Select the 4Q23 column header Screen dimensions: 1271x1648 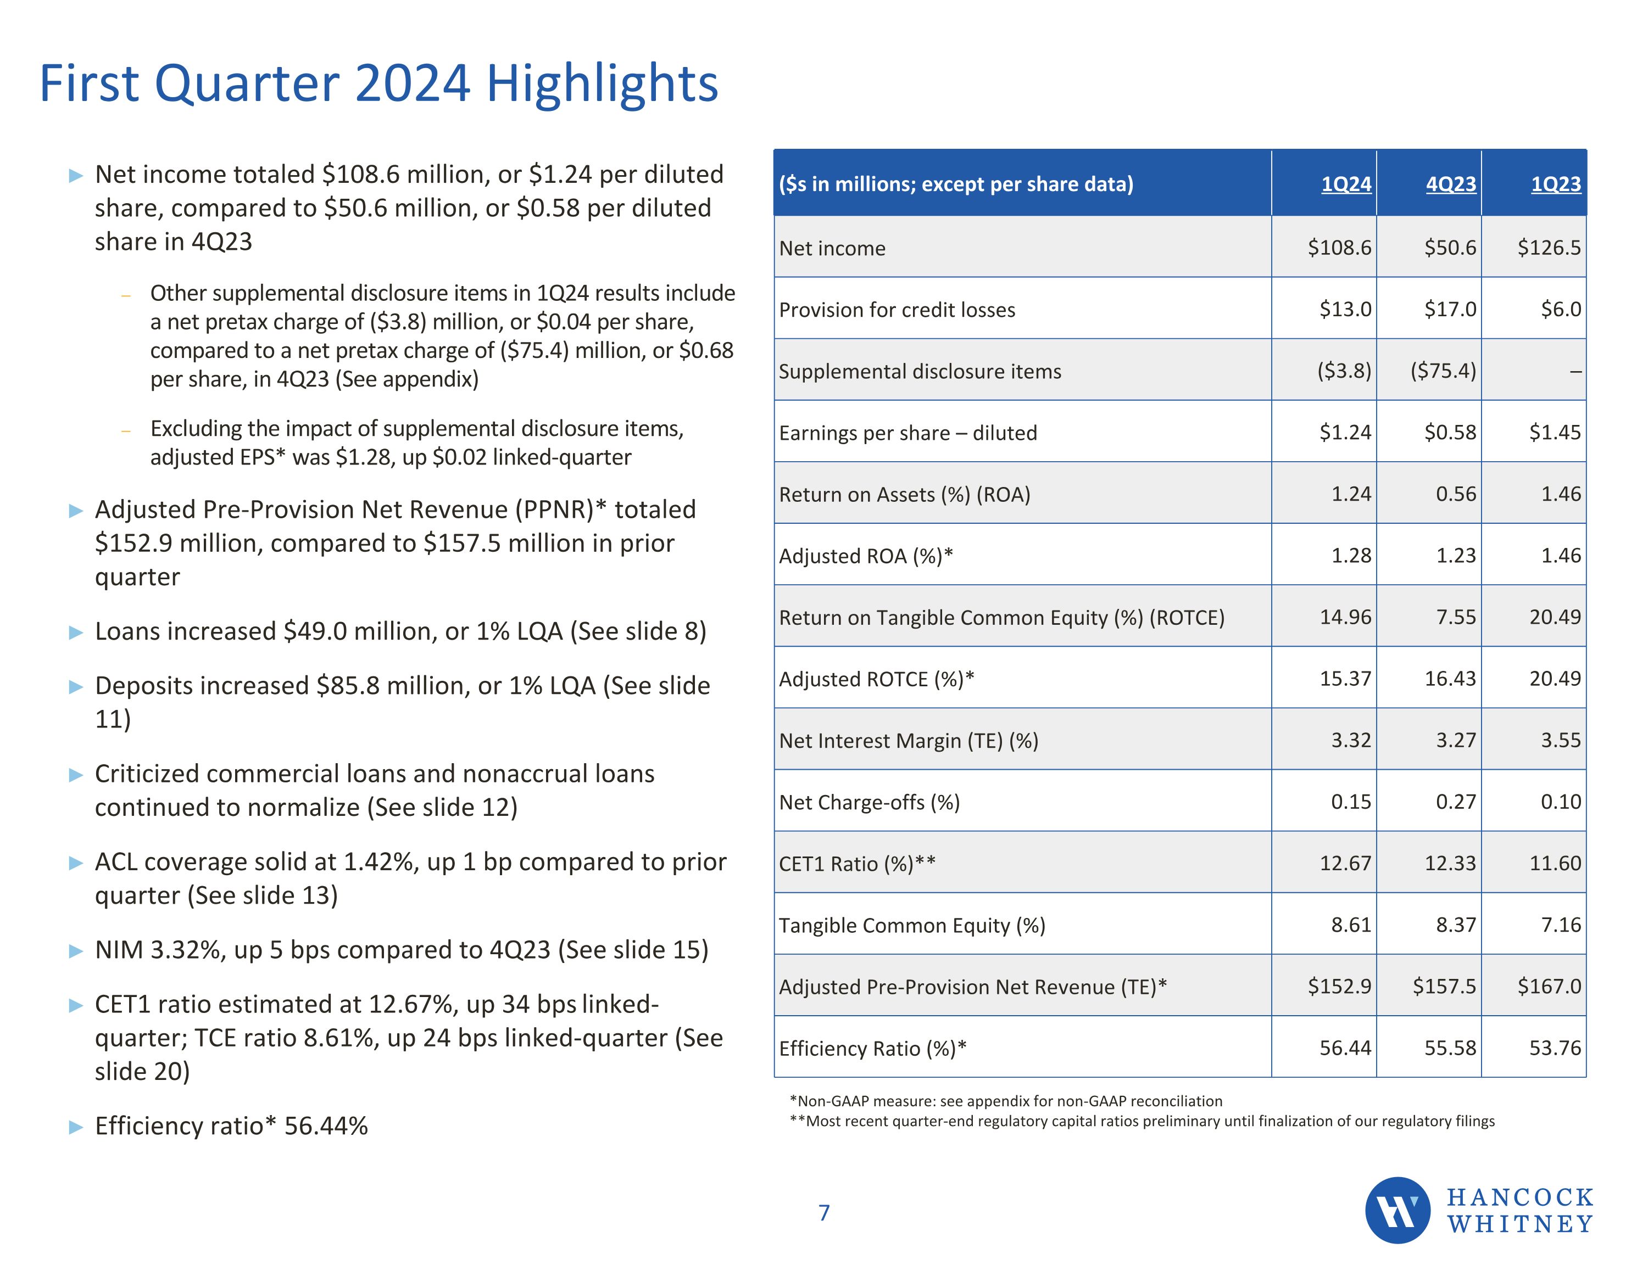[1450, 184]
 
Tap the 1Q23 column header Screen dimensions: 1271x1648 [1555, 184]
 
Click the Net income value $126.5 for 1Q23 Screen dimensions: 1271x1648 [1549, 248]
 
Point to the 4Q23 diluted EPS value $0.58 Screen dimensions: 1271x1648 [1450, 432]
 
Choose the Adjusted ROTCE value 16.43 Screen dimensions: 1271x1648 [1450, 679]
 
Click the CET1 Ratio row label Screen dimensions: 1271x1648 [856, 864]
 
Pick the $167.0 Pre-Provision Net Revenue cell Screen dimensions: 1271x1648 [1549, 986]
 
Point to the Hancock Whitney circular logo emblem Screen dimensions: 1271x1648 [1397, 1210]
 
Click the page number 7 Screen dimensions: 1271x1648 [824, 1213]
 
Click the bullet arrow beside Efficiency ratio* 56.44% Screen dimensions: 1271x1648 [75, 1128]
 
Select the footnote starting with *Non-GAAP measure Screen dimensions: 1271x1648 [1005, 1101]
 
